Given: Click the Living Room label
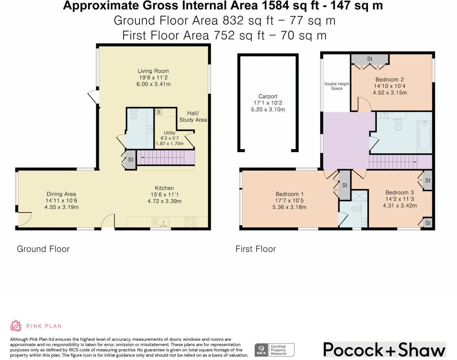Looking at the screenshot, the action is pyautogui.click(x=153, y=71).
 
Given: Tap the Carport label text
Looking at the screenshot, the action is pyautogui.click(x=268, y=96).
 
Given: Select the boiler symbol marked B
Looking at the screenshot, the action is pyautogui.click(x=158, y=112).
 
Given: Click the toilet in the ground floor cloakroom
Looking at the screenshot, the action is pyautogui.click(x=134, y=114).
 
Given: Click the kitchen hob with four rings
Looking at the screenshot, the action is pyautogui.click(x=190, y=222).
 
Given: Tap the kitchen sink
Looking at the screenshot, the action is pyautogui.click(x=163, y=222).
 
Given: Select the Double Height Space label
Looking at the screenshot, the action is pyautogui.click(x=336, y=86).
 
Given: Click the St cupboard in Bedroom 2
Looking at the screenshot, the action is pyautogui.click(x=370, y=59).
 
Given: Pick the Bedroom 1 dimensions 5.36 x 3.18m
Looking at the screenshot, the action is pyautogui.click(x=289, y=207).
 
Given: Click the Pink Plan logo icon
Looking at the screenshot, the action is pyautogui.click(x=16, y=325).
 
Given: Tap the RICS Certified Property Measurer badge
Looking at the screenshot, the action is pyautogui.click(x=275, y=350).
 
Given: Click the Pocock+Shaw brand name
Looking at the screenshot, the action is pyautogui.click(x=384, y=350).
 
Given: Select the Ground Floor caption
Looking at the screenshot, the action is pyautogui.click(x=43, y=249).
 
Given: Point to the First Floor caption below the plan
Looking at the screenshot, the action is pyautogui.click(x=256, y=249).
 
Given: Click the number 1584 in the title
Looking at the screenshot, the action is pyautogui.click(x=276, y=5).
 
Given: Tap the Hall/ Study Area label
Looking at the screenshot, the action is pyautogui.click(x=193, y=116).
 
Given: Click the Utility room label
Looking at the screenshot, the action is pyautogui.click(x=170, y=133).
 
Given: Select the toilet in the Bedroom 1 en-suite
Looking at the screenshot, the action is pyautogui.click(x=356, y=209).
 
